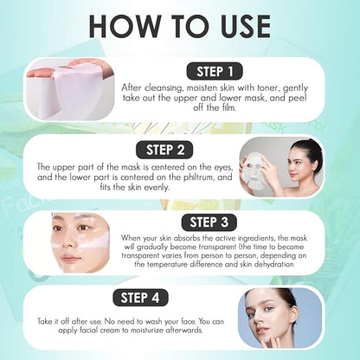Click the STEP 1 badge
[x=215, y=72]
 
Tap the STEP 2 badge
[x=164, y=150]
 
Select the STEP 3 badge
[x=209, y=222]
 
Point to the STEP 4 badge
[x=140, y=298]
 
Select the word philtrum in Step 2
[x=198, y=177]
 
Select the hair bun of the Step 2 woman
[x=315, y=147]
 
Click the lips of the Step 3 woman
[x=71, y=258]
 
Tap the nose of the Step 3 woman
[x=68, y=243]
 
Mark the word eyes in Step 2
[x=223, y=167]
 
